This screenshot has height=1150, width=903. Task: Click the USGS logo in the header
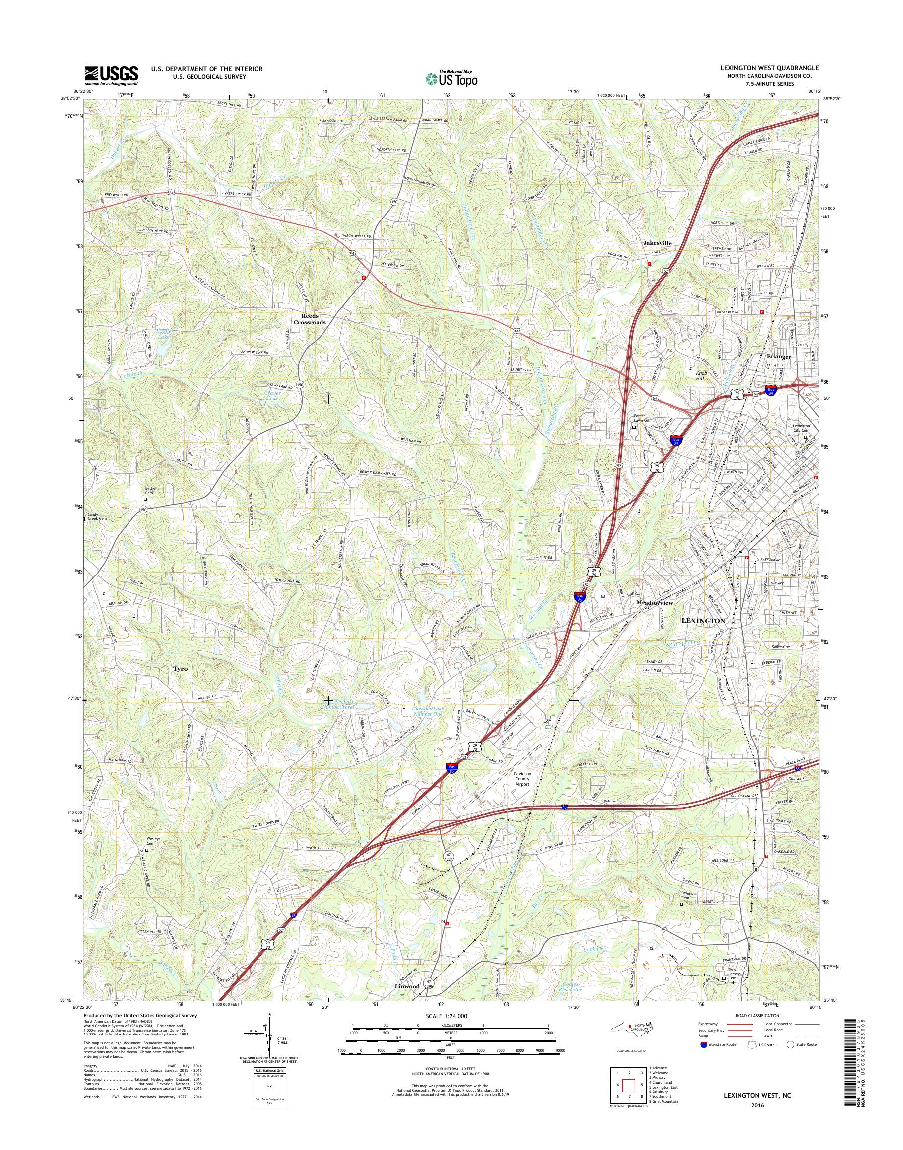pyautogui.click(x=111, y=76)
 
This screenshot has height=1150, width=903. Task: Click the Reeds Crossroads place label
pyautogui.click(x=310, y=319)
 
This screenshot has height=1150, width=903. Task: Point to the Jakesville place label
pyautogui.click(x=657, y=243)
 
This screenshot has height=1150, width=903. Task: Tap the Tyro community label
pyautogui.click(x=180, y=668)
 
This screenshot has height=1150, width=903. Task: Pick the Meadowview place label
pyautogui.click(x=654, y=603)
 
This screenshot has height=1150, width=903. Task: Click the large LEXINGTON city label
pyautogui.click(x=703, y=620)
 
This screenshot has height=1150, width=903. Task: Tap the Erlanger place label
pyautogui.click(x=779, y=356)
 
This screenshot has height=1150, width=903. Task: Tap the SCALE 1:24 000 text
pyautogui.click(x=446, y=1016)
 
